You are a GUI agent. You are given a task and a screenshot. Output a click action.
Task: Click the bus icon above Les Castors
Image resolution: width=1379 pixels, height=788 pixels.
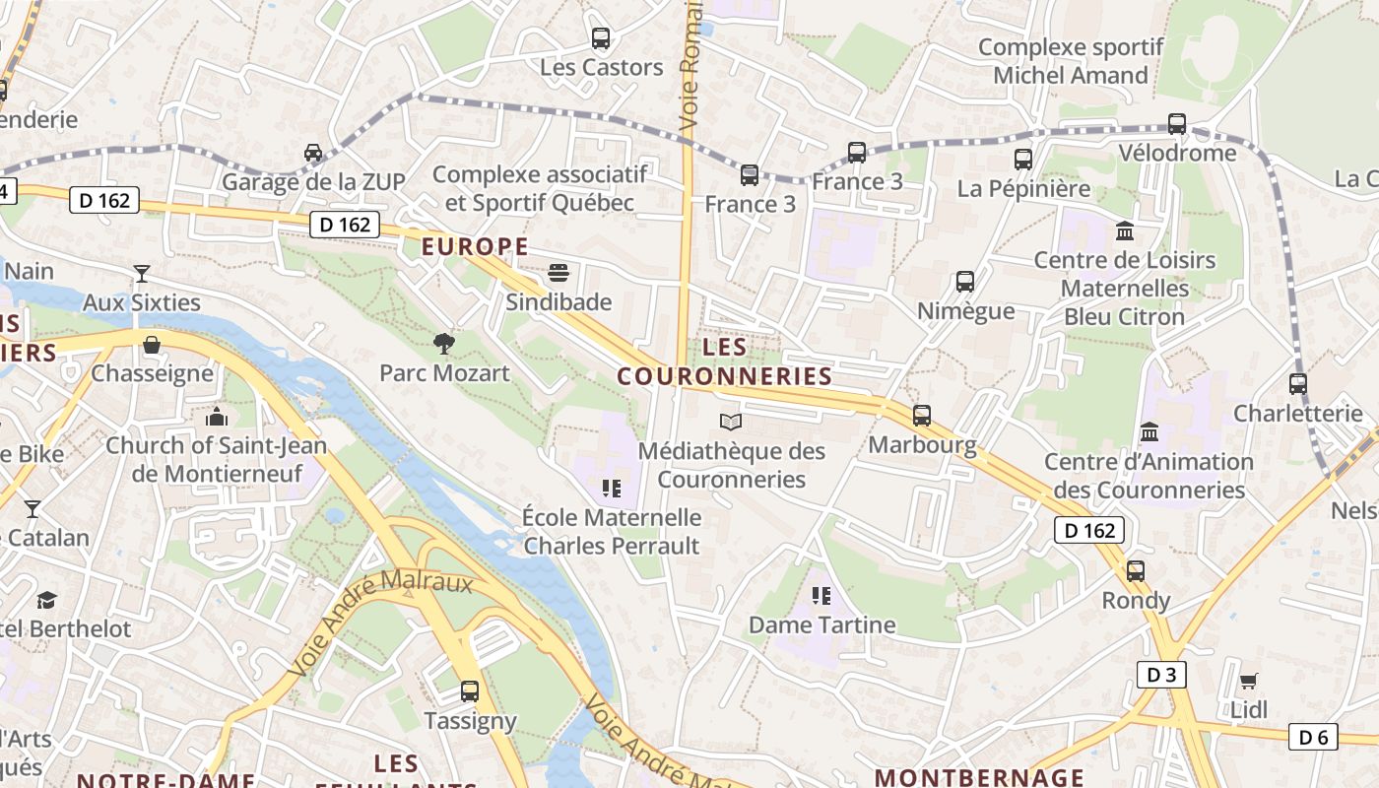tap(600, 38)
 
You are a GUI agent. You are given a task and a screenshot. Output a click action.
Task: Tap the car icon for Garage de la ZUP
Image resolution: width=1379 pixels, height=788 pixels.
tap(313, 153)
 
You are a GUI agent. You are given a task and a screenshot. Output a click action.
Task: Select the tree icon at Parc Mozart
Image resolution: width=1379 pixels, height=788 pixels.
tap(444, 343)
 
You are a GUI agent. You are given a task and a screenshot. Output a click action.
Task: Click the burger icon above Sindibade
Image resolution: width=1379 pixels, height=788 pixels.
tap(558, 272)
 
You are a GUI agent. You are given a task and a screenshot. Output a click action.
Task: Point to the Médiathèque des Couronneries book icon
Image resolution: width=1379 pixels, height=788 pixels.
tap(730, 423)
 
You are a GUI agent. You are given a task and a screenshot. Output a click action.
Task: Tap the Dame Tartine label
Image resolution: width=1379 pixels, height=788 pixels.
tap(821, 624)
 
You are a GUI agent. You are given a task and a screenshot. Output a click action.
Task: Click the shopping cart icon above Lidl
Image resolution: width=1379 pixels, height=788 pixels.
tap(1248, 681)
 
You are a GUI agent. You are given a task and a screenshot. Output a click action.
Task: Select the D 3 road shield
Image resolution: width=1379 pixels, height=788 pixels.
tap(1161, 675)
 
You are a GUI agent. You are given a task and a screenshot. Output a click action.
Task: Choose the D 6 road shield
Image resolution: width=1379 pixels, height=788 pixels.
tap(1314, 737)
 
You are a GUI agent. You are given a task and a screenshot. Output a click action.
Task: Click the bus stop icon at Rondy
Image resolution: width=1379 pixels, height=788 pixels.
tap(1136, 570)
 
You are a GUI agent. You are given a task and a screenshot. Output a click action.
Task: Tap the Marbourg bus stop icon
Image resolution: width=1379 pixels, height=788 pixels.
tap(922, 416)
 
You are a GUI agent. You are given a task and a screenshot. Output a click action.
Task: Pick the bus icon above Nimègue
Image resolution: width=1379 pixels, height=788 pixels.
tap(965, 282)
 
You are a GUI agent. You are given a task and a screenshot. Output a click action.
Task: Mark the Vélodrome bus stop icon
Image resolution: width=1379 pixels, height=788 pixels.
tap(1177, 124)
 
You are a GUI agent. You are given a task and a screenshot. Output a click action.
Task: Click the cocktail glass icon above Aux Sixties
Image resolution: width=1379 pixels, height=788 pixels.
tap(142, 273)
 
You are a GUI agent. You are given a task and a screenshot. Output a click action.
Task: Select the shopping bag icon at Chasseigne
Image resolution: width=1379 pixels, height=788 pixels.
tap(152, 345)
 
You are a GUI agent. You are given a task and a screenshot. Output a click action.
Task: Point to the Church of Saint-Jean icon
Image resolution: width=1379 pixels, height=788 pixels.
tap(217, 417)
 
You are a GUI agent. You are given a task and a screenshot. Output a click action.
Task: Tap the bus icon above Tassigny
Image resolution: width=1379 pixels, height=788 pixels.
tap(470, 691)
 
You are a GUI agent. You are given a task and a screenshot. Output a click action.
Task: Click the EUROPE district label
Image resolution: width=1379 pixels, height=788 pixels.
tap(475, 246)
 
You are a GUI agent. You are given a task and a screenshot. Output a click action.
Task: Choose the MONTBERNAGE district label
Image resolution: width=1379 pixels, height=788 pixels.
tap(979, 776)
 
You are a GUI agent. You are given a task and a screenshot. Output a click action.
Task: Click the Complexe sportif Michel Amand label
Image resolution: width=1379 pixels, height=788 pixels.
tap(1071, 61)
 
